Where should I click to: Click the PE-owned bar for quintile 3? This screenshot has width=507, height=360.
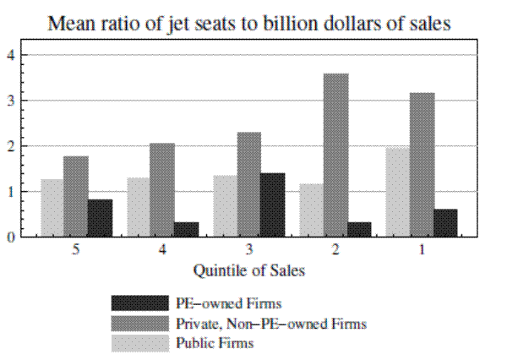[272, 205]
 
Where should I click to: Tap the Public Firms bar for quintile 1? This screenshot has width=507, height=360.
[397, 192]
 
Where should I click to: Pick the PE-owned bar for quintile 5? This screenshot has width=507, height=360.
[100, 218]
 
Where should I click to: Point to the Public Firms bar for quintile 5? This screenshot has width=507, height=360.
[52, 208]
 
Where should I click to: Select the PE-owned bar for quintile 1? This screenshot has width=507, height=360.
[445, 222]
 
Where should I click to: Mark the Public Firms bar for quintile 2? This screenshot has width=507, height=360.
[311, 210]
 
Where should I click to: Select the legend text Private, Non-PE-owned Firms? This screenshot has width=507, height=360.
[270, 323]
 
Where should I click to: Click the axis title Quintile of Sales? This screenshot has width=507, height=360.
[248, 271]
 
